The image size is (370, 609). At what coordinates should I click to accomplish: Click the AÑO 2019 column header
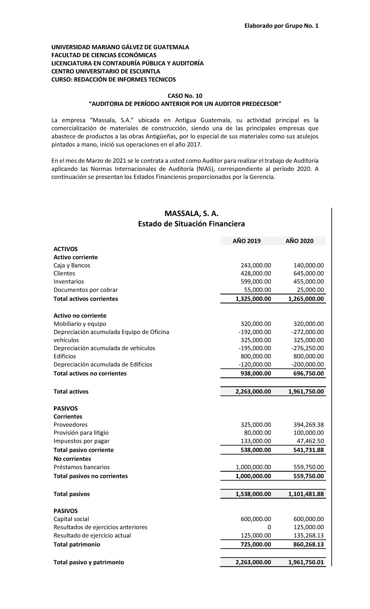246,241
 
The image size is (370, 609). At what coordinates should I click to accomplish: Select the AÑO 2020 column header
299,241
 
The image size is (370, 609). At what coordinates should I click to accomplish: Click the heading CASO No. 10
185,96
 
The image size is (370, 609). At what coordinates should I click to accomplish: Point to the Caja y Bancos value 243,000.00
256,265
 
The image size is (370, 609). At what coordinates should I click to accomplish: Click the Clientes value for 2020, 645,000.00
308,273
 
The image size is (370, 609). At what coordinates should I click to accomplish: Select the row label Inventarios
68,281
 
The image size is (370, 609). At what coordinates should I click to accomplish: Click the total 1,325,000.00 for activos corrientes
253,299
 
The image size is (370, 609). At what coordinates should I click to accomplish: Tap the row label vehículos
66,340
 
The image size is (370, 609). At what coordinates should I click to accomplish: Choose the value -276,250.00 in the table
307,348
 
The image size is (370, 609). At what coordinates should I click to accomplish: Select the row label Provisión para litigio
81,433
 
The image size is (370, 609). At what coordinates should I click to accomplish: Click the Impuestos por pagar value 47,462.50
310,441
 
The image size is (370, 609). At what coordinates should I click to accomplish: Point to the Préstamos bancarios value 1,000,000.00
253,467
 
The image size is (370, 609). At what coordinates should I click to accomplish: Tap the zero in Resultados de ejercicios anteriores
269,527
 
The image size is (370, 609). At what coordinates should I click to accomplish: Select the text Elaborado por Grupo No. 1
281,26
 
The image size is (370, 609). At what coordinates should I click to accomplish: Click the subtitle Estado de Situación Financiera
191,224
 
